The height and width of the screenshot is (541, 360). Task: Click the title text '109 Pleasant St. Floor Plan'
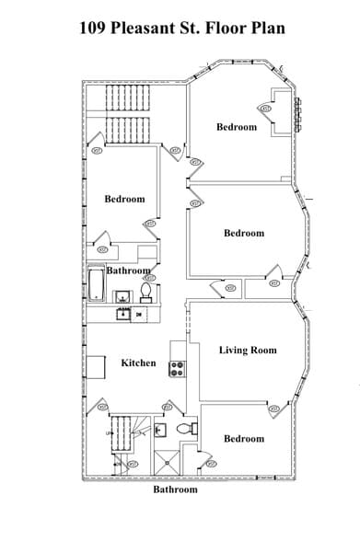point(180,28)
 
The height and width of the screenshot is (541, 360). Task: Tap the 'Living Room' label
point(247,351)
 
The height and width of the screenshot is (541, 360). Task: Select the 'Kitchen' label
point(138,363)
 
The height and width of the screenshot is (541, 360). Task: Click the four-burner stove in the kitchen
point(177,368)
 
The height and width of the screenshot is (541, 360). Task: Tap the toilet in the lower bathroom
point(184,429)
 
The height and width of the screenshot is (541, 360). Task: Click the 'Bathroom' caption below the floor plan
point(175,489)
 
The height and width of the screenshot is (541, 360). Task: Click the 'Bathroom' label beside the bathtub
point(128,271)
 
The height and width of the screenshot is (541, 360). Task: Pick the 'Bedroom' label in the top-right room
point(237,127)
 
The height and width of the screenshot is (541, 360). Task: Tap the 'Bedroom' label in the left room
point(124,199)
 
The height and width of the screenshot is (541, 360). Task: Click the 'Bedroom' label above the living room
point(243,233)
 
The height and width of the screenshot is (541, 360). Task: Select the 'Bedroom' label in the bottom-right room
point(243,439)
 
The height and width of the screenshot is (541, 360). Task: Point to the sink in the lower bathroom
point(160,429)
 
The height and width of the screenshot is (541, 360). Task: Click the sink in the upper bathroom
point(122,295)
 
